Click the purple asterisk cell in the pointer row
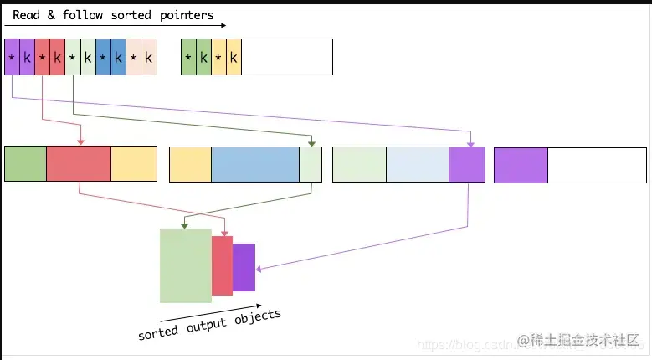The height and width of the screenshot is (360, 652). pos(12,57)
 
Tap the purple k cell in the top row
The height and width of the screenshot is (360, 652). pos(27,57)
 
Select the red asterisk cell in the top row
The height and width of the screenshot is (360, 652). pos(42,57)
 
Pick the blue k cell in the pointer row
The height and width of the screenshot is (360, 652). pos(118,57)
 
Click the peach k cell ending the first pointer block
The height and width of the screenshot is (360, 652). pos(149,57)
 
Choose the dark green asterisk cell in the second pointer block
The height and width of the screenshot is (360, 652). pos(188,57)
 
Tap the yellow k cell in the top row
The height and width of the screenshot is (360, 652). pos(234,57)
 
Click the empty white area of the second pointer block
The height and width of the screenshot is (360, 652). pos(287,57)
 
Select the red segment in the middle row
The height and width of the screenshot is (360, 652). pos(79,164)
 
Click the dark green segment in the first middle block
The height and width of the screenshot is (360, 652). pos(25,164)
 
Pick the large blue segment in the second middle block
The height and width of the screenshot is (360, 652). pos(255,164)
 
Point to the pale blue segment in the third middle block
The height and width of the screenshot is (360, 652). pos(418,164)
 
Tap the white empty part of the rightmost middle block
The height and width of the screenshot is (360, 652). pos(598,164)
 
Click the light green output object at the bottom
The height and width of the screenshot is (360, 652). pos(186,265)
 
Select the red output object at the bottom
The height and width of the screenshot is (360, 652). pos(222,265)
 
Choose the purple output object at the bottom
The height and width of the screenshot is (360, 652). pos(244,267)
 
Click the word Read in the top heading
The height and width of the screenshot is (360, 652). pos(26,14)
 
